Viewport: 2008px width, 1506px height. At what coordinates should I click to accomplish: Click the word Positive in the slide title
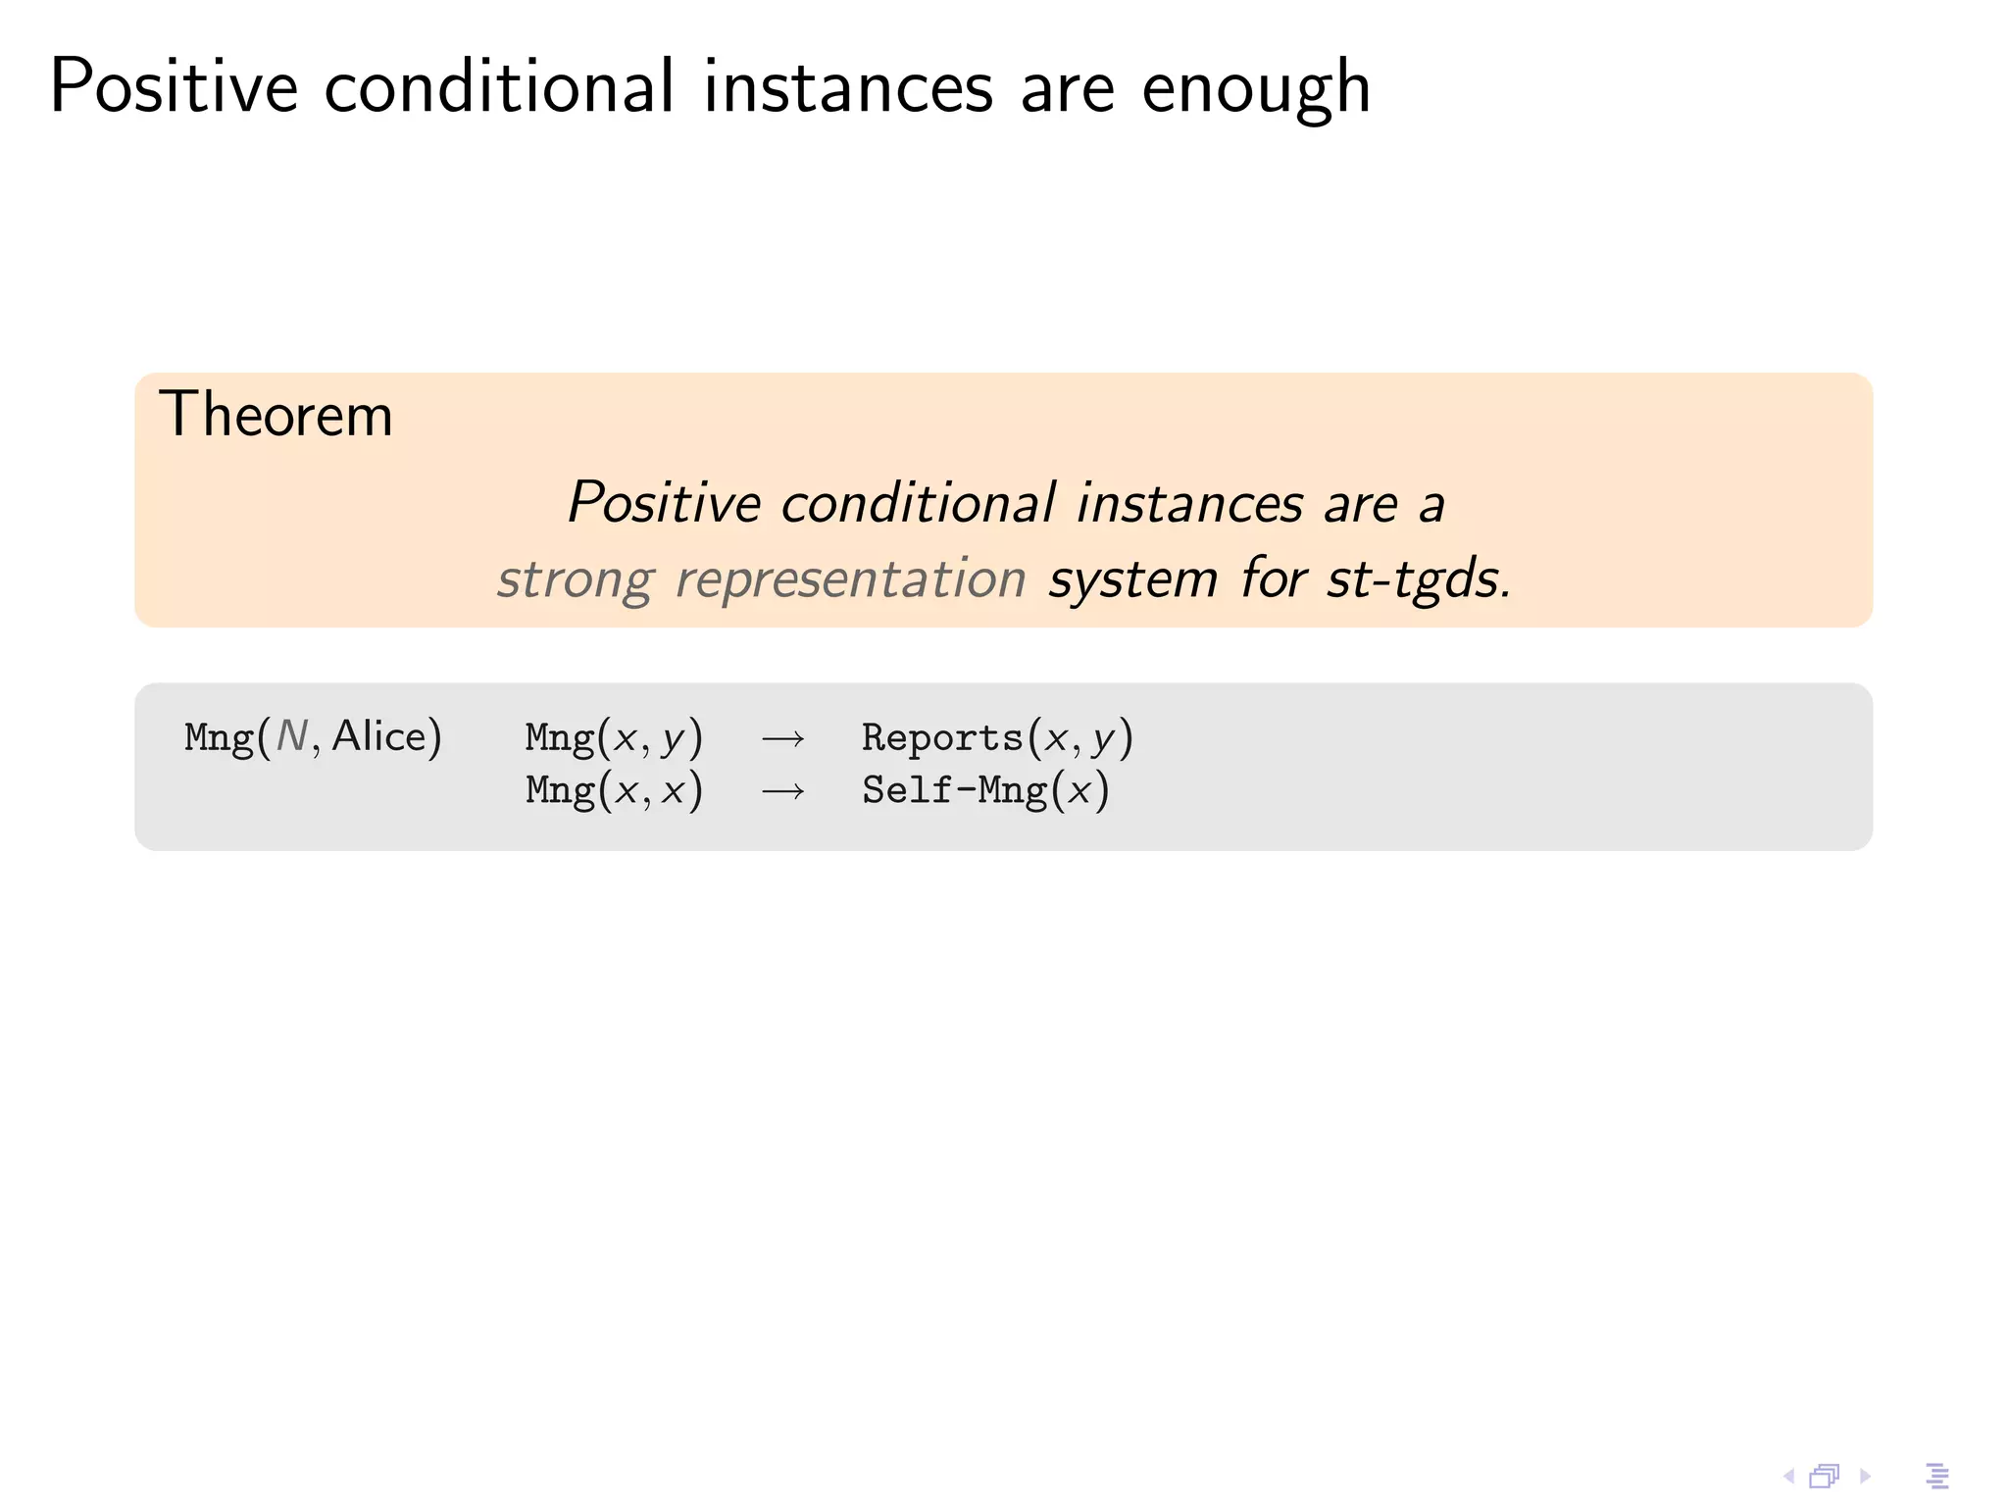[174, 87]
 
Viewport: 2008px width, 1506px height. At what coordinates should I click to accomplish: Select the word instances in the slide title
[848, 87]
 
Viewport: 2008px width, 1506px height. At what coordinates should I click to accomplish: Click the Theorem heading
[276, 415]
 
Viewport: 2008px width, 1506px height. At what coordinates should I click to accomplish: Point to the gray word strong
[575, 579]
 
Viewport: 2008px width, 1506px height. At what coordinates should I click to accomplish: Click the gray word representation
[850, 579]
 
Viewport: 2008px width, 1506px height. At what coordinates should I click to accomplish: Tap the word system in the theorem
[1132, 579]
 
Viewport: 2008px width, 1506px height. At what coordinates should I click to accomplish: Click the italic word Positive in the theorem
[664, 503]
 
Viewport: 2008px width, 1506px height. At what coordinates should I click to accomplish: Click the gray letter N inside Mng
[292, 736]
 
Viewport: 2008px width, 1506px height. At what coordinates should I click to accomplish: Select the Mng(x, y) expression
[614, 738]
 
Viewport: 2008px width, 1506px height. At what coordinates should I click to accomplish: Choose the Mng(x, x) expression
[614, 790]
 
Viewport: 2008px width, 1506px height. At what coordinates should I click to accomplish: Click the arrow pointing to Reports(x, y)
[782, 738]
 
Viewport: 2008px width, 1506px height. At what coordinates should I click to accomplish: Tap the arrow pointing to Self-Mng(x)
[782, 790]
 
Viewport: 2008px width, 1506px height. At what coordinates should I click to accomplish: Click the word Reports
[941, 738]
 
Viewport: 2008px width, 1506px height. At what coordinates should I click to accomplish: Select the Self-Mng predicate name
[954, 790]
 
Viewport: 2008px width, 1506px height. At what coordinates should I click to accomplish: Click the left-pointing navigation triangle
[1788, 1476]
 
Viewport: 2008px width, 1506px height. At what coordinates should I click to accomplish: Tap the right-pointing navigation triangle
[1865, 1476]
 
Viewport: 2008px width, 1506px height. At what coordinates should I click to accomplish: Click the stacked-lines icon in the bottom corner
[1937, 1476]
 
